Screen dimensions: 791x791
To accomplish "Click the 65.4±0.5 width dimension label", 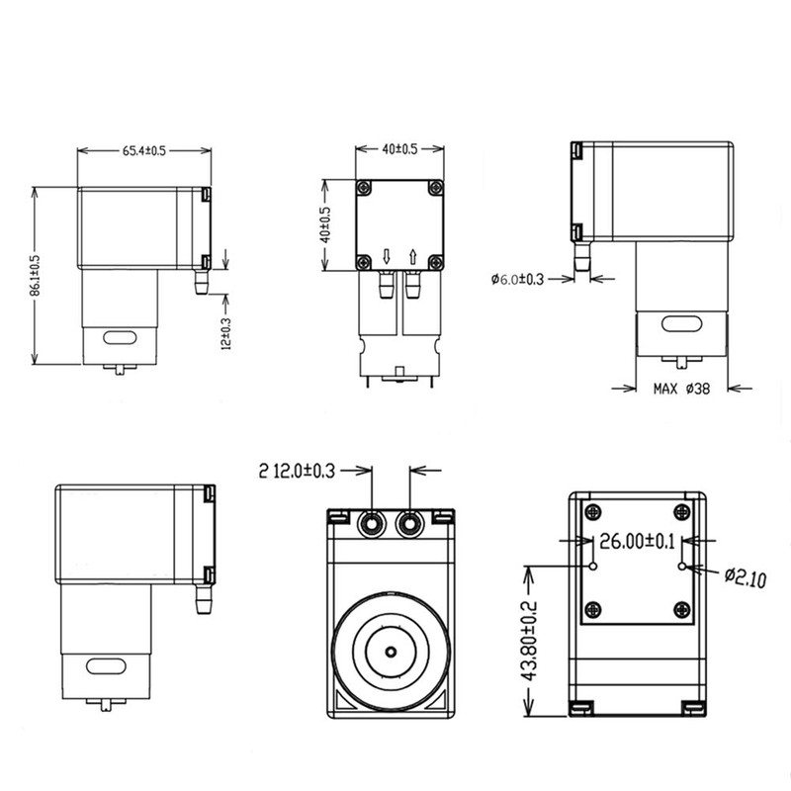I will (143, 150).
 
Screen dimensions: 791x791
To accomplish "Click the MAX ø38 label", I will (680, 389).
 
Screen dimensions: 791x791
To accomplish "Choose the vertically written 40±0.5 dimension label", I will (324, 225).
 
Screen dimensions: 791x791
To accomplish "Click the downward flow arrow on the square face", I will (387, 258).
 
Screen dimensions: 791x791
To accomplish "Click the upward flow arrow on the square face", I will (411, 258).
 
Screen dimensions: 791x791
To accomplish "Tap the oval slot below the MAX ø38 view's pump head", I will (680, 324).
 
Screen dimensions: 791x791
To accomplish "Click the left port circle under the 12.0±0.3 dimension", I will (374, 521).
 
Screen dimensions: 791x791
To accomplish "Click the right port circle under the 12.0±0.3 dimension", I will (407, 521).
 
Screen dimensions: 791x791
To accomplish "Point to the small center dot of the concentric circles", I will (391, 653).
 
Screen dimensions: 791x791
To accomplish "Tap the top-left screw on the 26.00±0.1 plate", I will (592, 511).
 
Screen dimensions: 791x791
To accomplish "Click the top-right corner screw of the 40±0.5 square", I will (435, 189).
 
